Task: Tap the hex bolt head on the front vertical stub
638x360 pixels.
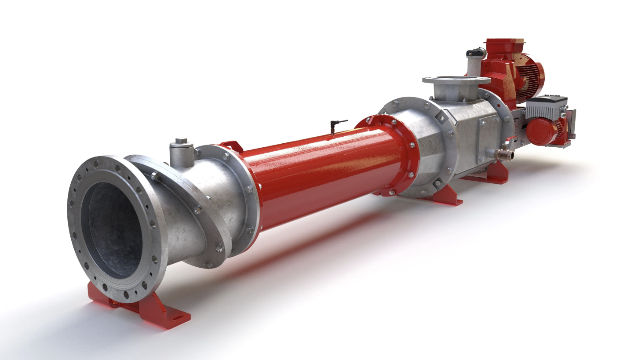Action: point(181,142)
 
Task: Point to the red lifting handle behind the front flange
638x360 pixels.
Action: point(232,145)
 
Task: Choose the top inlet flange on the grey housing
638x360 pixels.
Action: point(456,80)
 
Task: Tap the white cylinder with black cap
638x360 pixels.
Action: point(475,62)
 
